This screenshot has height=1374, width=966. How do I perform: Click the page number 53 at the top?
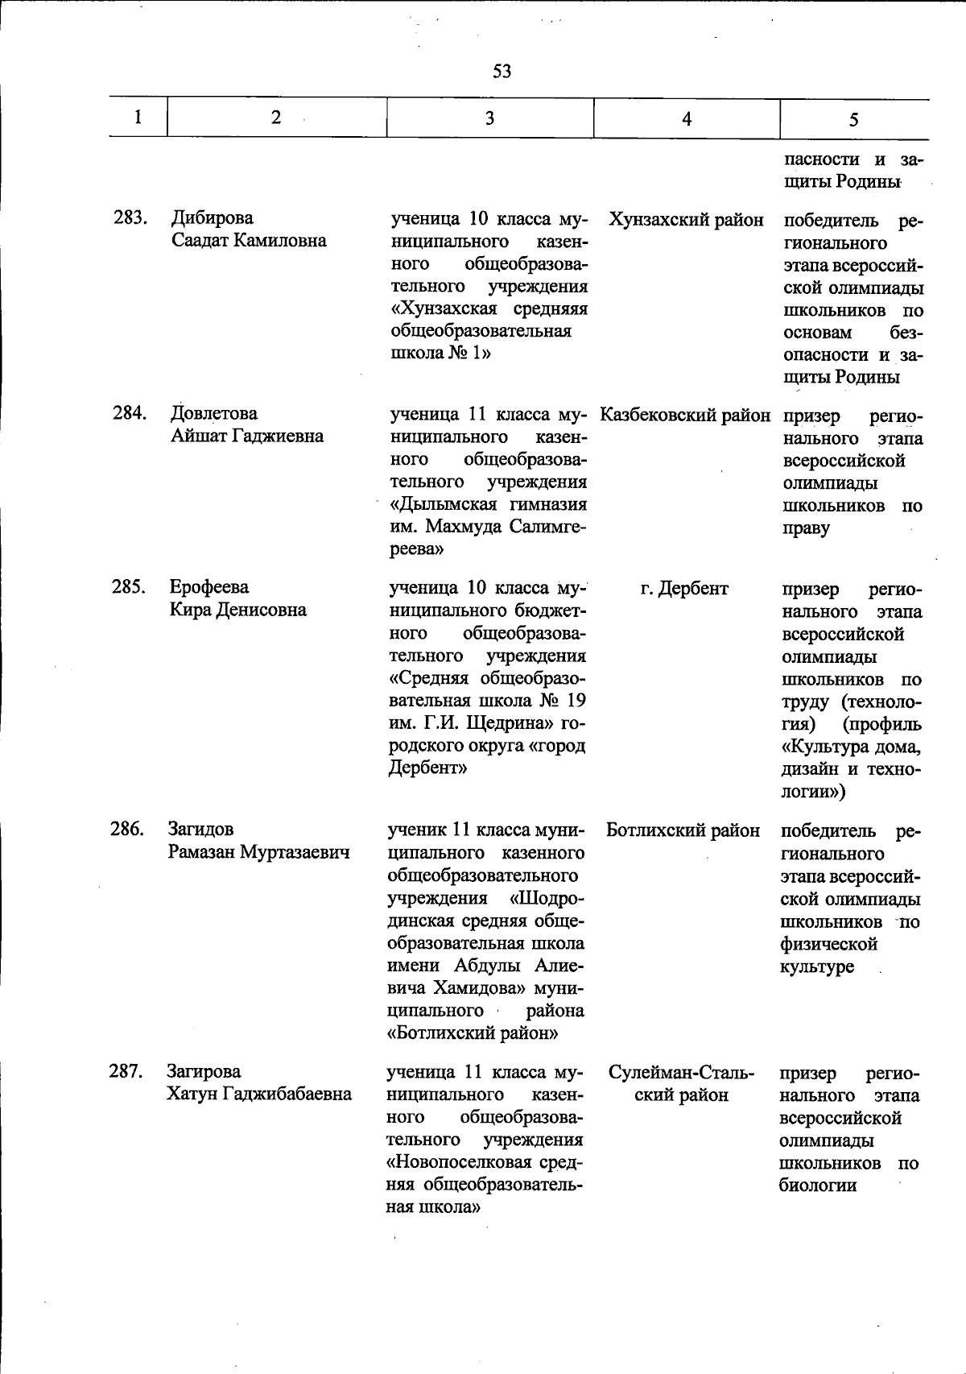[x=502, y=72]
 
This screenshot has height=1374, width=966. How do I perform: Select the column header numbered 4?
[x=686, y=119]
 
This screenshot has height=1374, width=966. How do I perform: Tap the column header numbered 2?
[x=276, y=118]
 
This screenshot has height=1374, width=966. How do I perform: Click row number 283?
[x=129, y=217]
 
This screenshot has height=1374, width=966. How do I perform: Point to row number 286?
[x=127, y=829]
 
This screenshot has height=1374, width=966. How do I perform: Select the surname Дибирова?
[x=212, y=217]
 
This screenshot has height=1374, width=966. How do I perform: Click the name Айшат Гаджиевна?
[x=246, y=436]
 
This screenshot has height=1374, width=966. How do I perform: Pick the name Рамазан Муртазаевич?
[x=258, y=852]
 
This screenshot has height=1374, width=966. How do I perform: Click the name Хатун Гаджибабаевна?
[x=258, y=1094]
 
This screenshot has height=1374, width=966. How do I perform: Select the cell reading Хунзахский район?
[x=686, y=219]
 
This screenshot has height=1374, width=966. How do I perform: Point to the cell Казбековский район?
[x=685, y=416]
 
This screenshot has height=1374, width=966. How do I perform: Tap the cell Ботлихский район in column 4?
[x=683, y=830]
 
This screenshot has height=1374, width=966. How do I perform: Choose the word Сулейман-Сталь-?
[x=681, y=1073]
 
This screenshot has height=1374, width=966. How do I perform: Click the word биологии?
[x=817, y=1186]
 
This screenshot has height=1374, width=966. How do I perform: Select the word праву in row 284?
[x=805, y=528]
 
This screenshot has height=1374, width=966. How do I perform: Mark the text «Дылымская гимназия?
[x=488, y=505]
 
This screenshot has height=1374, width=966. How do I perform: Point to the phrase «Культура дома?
[x=851, y=747]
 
